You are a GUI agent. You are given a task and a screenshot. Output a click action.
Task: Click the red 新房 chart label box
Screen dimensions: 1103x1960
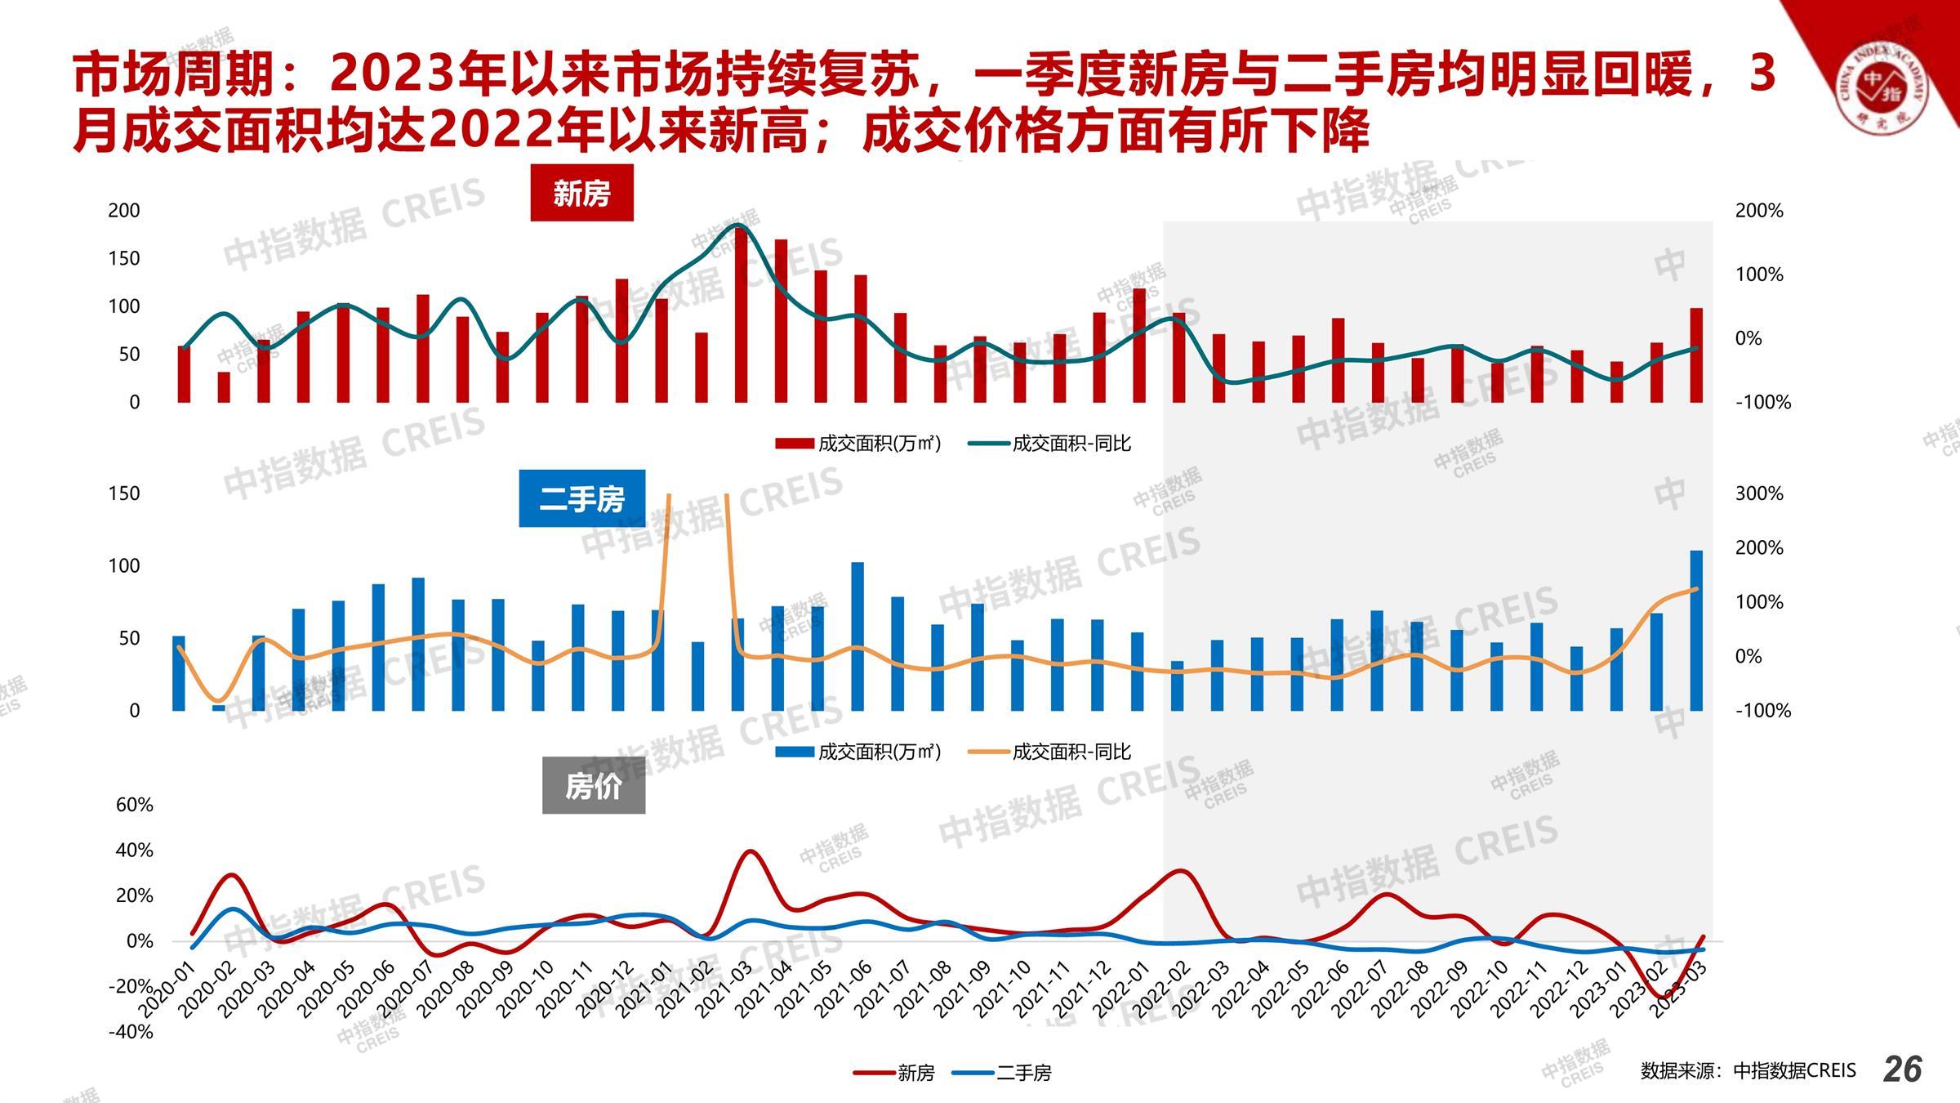coord(581,194)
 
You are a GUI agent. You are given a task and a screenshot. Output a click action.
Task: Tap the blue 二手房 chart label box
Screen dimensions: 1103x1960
coord(581,498)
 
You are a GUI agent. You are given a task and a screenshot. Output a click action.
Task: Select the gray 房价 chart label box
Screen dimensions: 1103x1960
coord(594,786)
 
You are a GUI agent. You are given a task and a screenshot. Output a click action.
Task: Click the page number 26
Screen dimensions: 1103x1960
coord(1902,1069)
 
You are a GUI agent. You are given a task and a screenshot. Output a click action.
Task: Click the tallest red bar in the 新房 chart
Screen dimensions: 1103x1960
coord(741,315)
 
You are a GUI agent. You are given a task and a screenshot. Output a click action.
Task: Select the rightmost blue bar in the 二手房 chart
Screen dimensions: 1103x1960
coord(1696,630)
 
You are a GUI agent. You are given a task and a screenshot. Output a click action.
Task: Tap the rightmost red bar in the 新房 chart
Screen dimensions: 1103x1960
coord(1696,355)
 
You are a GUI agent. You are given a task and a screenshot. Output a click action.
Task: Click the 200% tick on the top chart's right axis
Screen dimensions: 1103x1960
coord(1759,211)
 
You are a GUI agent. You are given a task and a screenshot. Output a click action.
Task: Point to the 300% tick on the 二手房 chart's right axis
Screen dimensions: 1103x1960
coord(1759,493)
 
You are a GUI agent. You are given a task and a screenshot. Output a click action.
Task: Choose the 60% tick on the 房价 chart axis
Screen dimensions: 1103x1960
coord(135,805)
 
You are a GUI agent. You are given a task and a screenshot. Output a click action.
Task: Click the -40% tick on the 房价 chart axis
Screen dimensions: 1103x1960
coord(131,1031)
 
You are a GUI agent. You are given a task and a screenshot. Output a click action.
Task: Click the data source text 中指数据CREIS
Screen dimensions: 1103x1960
coord(1748,1070)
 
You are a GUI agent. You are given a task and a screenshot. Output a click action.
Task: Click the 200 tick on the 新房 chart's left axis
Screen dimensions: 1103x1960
coord(124,211)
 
